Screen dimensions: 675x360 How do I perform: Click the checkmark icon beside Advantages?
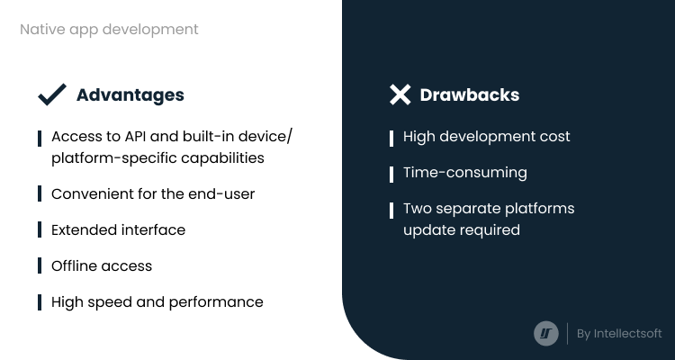point(51,95)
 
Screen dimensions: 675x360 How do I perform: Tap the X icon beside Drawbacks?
point(400,94)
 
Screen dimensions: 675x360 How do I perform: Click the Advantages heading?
point(130,95)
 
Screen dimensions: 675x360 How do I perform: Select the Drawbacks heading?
point(470,94)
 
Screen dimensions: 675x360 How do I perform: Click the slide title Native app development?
point(109,30)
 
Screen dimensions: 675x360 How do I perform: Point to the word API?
point(136,136)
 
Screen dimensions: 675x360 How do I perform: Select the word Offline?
point(74,265)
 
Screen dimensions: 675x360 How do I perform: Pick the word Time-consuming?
point(465,173)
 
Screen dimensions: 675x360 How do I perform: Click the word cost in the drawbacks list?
point(555,137)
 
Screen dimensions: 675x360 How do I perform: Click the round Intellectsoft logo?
point(546,333)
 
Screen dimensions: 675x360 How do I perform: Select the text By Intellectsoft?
point(619,334)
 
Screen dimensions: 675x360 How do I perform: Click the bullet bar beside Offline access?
point(40,265)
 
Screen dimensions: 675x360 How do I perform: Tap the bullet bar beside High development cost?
point(391,139)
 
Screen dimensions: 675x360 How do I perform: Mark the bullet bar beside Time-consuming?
point(391,175)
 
